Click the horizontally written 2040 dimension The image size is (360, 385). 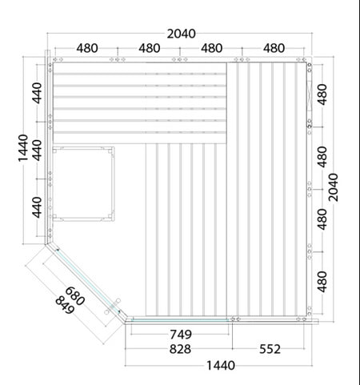click(182, 34)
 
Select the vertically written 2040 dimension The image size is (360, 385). click(333, 187)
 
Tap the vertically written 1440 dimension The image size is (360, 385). click(23, 148)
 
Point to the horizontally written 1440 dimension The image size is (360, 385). click(221, 366)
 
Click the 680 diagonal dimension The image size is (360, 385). click(75, 296)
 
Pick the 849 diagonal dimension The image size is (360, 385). click(65, 306)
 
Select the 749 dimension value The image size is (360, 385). click(181, 335)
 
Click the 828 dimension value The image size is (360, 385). click(180, 349)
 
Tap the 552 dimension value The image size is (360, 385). click(270, 349)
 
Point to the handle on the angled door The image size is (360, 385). click(113, 307)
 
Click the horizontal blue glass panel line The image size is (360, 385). click(181, 320)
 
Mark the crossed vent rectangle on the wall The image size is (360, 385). click(310, 95)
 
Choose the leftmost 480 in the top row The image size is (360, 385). click(87, 48)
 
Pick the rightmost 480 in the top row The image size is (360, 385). click(274, 48)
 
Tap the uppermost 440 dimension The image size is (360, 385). click(38, 93)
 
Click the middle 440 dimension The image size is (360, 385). click(38, 150)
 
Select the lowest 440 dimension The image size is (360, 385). click(38, 207)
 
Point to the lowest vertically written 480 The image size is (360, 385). click(322, 282)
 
